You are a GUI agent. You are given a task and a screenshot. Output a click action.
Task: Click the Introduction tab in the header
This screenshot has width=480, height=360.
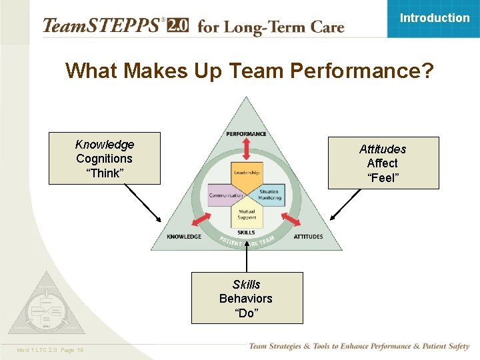click(434, 18)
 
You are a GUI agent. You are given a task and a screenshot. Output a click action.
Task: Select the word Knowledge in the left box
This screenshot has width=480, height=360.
click(105, 145)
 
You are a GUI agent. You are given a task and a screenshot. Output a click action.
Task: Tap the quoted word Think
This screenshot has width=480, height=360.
click(105, 173)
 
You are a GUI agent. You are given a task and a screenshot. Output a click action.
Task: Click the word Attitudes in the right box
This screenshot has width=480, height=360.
click(383, 149)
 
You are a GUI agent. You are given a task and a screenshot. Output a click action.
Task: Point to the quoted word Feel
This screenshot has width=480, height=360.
click(383, 178)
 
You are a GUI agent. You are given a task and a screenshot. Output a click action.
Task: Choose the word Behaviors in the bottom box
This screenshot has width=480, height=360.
click(246, 299)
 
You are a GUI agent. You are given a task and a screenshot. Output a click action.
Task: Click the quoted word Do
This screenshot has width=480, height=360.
click(246, 313)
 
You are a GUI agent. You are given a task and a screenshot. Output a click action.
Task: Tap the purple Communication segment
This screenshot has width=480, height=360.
click(225, 195)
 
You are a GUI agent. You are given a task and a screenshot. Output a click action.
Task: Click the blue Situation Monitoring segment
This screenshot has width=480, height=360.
click(269, 193)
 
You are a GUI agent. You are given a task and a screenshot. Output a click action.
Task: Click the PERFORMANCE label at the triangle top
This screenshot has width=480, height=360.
click(246, 134)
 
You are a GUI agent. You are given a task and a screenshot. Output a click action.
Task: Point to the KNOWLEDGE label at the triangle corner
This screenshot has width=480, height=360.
click(184, 237)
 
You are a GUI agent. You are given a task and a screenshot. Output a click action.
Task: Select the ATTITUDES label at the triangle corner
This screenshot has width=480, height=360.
click(308, 237)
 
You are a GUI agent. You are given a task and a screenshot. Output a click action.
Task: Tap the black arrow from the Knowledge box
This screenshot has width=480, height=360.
click(143, 203)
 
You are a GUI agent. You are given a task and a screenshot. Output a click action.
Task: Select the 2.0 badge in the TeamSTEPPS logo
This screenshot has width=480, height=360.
click(177, 26)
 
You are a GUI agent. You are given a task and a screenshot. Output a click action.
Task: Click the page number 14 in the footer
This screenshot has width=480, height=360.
click(80, 351)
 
